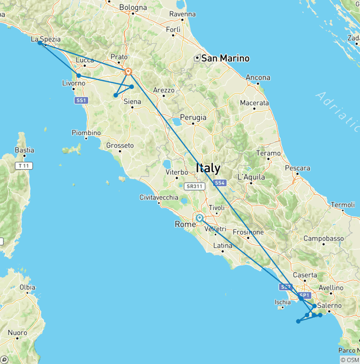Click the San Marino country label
(x=225, y=59)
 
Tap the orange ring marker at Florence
(x=128, y=72)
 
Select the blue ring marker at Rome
(x=200, y=218)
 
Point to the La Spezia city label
(x=45, y=39)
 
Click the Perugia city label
(x=193, y=118)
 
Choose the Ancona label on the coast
(x=258, y=77)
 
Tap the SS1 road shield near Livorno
(x=82, y=100)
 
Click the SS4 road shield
(x=219, y=183)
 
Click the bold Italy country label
(x=208, y=167)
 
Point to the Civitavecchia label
(x=159, y=197)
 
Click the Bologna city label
(x=133, y=7)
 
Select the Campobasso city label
(x=323, y=238)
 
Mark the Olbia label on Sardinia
(x=27, y=287)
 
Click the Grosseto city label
(x=120, y=145)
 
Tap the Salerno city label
(x=330, y=305)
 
